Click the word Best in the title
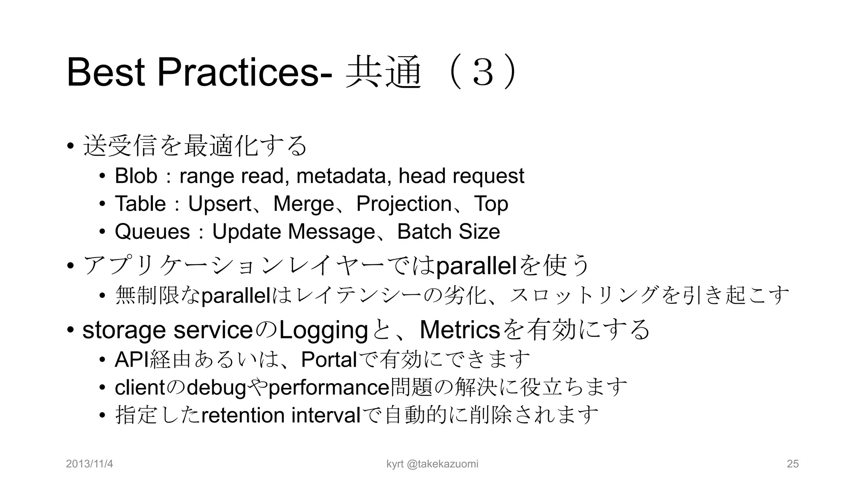coord(106,73)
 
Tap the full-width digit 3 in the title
coord(483,73)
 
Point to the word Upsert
coord(219,204)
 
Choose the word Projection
coord(404,204)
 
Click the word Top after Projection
coord(491,204)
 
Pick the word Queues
coord(152,232)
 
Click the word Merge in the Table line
coord(304,204)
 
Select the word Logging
coord(323,330)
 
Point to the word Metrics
coord(460,330)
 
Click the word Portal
coord(329,360)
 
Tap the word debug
coord(216,388)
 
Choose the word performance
coord(328,388)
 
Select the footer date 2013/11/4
coord(90,464)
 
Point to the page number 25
coord(793,464)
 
